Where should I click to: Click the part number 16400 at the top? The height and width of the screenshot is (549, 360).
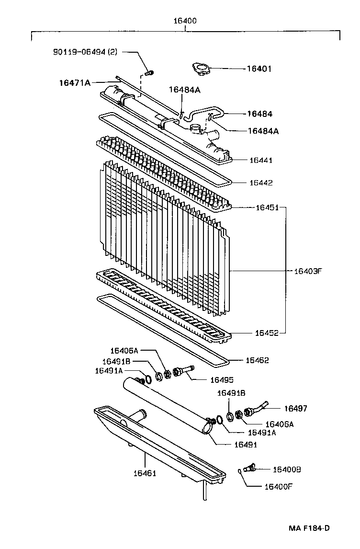click(184, 21)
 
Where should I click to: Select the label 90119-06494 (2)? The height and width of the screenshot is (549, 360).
click(85, 51)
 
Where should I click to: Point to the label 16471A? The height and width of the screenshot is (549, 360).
click(75, 82)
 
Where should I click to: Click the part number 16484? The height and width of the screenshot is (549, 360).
click(259, 114)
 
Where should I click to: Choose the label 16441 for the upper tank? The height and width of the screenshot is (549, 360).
click(260, 160)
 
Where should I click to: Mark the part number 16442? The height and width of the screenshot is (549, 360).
click(260, 183)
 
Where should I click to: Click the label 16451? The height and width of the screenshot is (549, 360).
click(267, 207)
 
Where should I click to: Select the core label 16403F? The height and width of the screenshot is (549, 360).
click(308, 271)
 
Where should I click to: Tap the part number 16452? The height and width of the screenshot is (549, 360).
click(267, 332)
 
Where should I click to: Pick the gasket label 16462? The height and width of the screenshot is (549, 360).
click(257, 360)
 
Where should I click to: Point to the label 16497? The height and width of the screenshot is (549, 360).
click(295, 409)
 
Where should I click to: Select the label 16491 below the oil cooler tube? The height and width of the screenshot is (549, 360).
click(245, 445)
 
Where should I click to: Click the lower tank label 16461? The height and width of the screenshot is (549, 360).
click(145, 473)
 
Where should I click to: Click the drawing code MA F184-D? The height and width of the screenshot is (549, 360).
click(309, 528)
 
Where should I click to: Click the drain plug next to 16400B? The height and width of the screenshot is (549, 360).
click(250, 468)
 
